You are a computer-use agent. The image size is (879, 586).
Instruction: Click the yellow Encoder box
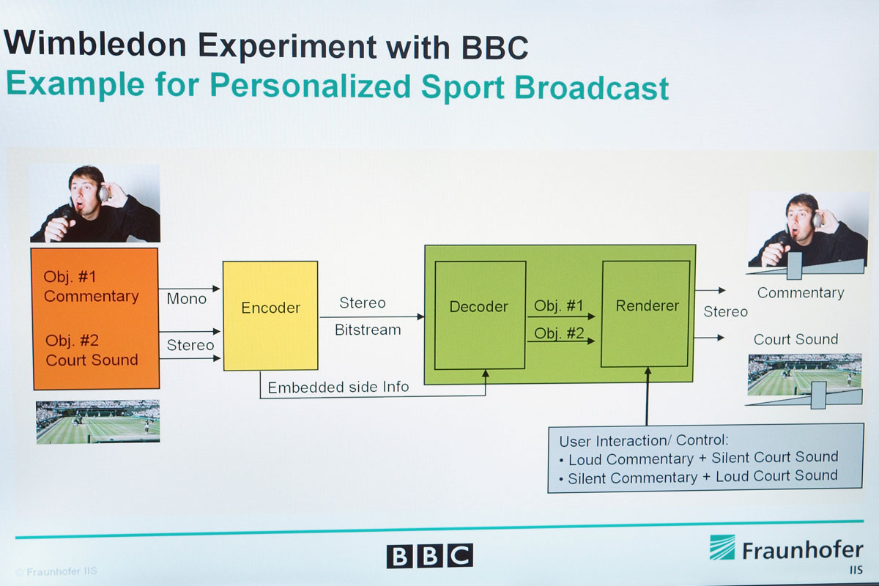(270, 316)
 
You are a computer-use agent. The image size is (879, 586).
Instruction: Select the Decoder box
(480, 315)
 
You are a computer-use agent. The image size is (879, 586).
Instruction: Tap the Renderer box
(645, 314)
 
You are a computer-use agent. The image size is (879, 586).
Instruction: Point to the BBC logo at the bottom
(430, 556)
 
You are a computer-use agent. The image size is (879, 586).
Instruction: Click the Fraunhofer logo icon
(722, 547)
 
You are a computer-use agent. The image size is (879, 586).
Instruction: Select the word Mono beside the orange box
(186, 299)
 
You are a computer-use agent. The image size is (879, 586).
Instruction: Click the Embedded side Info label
(338, 387)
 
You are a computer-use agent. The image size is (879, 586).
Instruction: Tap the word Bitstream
(368, 330)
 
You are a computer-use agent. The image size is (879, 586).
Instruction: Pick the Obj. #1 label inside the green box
(559, 305)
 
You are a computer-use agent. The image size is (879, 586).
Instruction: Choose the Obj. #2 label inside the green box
(559, 333)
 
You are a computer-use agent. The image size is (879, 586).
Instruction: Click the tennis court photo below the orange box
(98, 422)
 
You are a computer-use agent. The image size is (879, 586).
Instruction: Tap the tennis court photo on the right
(805, 375)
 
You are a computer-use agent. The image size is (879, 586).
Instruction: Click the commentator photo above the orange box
(95, 204)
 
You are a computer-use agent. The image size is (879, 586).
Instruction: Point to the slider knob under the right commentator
(794, 266)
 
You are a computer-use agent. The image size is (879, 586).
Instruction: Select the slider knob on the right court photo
(819, 396)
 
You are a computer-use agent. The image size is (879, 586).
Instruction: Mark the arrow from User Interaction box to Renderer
(648, 396)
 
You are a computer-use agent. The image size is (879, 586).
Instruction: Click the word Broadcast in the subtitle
(591, 87)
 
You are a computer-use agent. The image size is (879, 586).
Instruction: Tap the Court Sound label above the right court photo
(795, 339)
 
